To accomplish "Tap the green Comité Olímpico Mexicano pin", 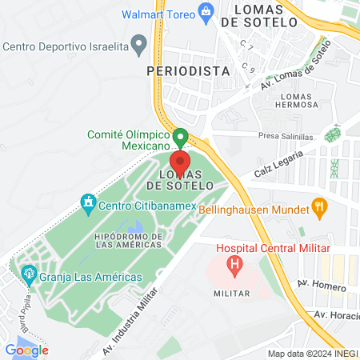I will coord(180,138).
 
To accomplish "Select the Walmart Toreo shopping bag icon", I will coord(206,12).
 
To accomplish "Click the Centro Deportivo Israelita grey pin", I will coord(141,43).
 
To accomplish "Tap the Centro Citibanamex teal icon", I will coord(87,203).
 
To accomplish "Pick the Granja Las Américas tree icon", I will coord(30,276).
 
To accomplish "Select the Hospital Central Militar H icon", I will coord(234,265).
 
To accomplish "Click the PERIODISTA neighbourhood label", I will coord(189,70).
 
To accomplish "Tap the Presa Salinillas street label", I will coord(285,137).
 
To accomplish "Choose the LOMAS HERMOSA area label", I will coord(297,101).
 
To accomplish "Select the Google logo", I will coord(26,350).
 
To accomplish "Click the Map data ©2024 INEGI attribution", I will coord(312,354).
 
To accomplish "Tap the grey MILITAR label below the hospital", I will coord(233,294).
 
